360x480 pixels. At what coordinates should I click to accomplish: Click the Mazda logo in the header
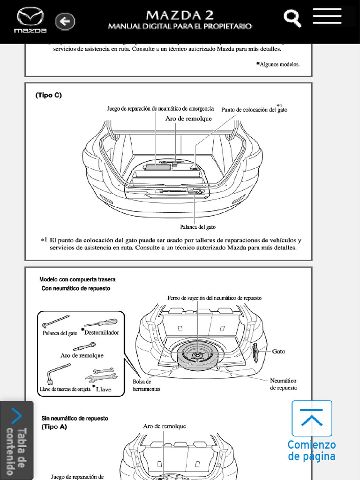[30, 20]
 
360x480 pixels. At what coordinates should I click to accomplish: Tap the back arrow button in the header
[65, 21]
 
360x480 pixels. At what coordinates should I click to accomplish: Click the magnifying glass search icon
[292, 18]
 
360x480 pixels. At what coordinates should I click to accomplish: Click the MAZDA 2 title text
[180, 15]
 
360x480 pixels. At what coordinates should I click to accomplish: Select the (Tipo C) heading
[49, 95]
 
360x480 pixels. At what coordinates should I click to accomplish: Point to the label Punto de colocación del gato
[254, 110]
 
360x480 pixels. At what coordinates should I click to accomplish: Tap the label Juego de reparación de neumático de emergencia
[160, 109]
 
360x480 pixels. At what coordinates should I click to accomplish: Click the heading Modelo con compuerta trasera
[77, 279]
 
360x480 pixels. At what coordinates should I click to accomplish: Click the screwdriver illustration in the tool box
[100, 323]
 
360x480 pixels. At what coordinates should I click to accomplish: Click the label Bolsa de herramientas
[146, 385]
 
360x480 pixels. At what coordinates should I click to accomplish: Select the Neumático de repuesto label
[283, 384]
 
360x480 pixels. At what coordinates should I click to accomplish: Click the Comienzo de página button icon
[312, 419]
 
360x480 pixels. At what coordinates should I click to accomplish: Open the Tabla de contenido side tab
[16, 441]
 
